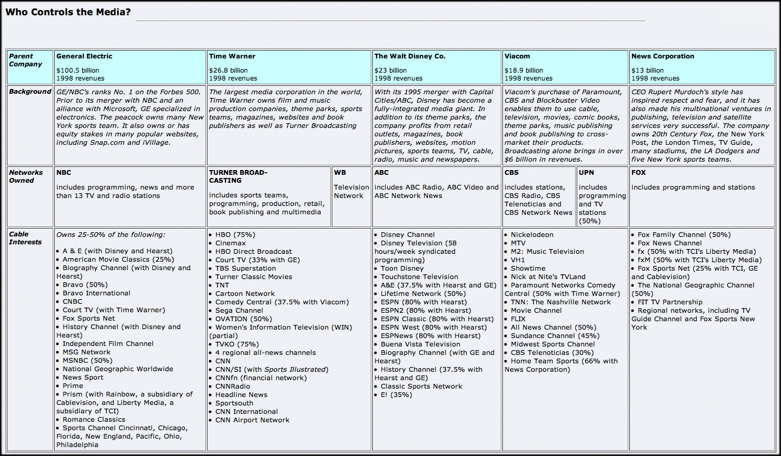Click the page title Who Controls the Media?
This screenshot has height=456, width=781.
pyautogui.click(x=68, y=12)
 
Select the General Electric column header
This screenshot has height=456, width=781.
pyautogui.click(x=84, y=56)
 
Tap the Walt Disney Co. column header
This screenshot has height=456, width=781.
pyautogui.click(x=410, y=56)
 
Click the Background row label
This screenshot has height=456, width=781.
pyautogui.click(x=30, y=92)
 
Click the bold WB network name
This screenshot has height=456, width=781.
pyautogui.click(x=340, y=173)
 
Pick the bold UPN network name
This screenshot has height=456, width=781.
pyautogui.click(x=586, y=173)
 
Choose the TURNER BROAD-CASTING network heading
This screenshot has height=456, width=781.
pyautogui.click(x=238, y=176)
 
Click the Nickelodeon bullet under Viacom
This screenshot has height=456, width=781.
pyautogui.click(x=532, y=235)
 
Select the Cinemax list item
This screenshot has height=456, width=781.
pyautogui.click(x=230, y=243)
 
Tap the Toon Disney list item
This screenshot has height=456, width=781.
pyautogui.click(x=402, y=269)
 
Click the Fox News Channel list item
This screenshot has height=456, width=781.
pyautogui.click(x=669, y=243)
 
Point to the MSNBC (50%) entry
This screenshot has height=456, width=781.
pyautogui.click(x=87, y=361)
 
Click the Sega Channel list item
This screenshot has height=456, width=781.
pyautogui.click(x=239, y=311)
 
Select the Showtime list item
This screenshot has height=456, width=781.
pyautogui.click(x=528, y=269)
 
